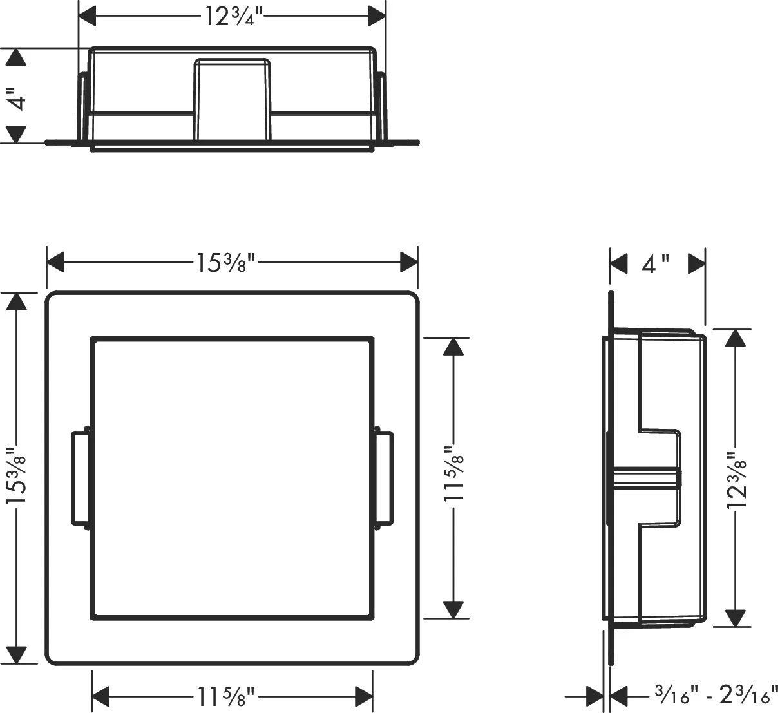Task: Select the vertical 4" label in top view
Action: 17,99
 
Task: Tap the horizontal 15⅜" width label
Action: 225,263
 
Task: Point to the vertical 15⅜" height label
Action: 16,475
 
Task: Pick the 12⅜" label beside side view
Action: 736,479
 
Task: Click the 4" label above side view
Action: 656,265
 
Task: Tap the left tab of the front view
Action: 80,478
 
